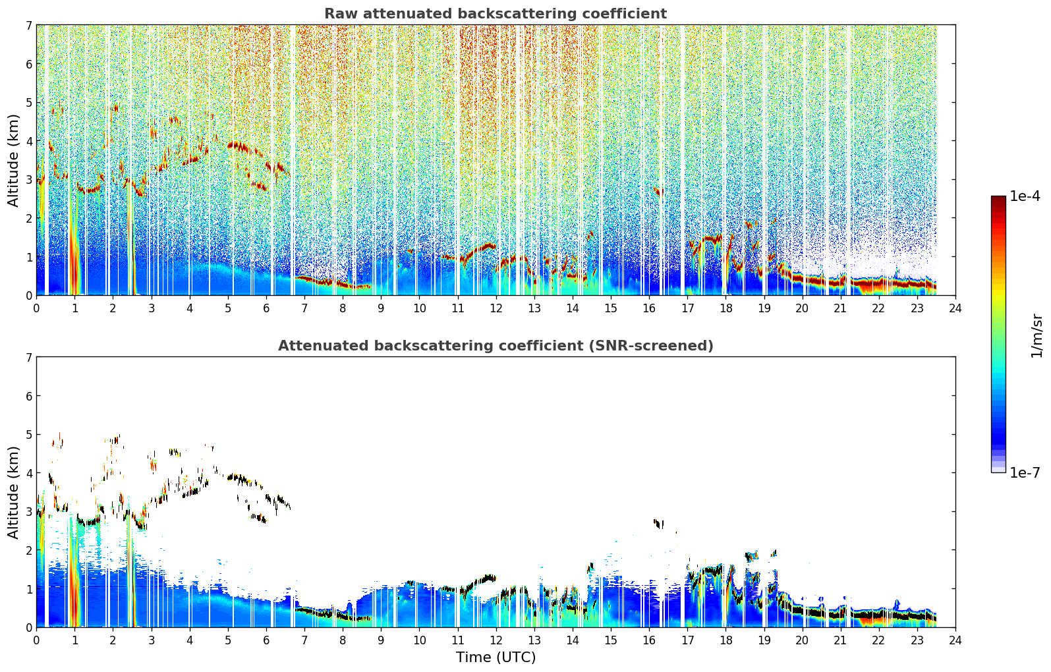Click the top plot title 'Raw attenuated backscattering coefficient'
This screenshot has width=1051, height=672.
click(496, 14)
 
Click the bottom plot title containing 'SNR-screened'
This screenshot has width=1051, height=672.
click(496, 346)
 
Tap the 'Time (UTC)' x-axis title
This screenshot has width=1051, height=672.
click(496, 658)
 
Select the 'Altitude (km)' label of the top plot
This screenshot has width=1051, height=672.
click(13, 160)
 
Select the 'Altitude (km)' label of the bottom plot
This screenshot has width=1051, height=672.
click(13, 492)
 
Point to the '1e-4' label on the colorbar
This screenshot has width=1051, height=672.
click(1025, 196)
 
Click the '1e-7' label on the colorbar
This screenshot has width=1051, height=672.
click(1025, 472)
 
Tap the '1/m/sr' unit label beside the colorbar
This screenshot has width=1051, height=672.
click(1037, 336)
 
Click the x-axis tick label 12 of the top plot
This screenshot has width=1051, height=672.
click(496, 308)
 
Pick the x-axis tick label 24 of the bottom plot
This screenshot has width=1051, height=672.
click(955, 640)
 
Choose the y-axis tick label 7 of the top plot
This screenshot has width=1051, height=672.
click(28, 25)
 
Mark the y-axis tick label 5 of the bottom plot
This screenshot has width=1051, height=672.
click(28, 435)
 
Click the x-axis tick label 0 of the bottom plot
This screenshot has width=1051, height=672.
click(37, 640)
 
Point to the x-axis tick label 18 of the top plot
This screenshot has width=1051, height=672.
click(726, 308)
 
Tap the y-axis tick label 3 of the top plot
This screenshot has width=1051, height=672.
click(28, 180)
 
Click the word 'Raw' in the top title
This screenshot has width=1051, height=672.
click(341, 14)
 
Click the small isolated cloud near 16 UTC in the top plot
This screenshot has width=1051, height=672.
click(658, 192)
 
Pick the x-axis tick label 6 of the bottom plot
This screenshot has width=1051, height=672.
click(266, 640)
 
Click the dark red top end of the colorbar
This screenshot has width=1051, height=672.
click(998, 198)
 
